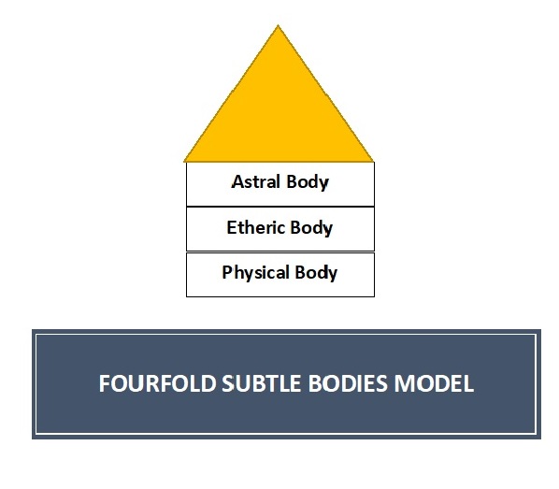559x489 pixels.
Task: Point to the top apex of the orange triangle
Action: click(278, 25)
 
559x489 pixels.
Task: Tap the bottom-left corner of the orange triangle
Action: click(184, 162)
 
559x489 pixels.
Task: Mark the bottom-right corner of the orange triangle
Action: click(373, 162)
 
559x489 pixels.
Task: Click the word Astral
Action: click(255, 181)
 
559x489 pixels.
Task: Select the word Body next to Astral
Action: click(308, 182)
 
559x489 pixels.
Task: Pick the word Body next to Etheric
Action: click(311, 228)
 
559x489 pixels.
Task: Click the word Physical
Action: click(255, 273)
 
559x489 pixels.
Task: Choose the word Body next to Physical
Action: click(316, 273)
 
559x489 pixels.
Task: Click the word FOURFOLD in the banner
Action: click(158, 383)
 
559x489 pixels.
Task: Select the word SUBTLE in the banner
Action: click(262, 383)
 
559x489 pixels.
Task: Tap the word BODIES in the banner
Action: click(348, 383)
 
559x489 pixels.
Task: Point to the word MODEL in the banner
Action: click(434, 383)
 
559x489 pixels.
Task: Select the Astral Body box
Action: click(280, 184)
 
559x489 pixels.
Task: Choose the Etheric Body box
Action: click(280, 229)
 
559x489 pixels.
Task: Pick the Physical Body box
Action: click(280, 275)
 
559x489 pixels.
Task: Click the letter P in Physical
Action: click(227, 272)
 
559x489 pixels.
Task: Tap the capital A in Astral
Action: click(237, 181)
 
